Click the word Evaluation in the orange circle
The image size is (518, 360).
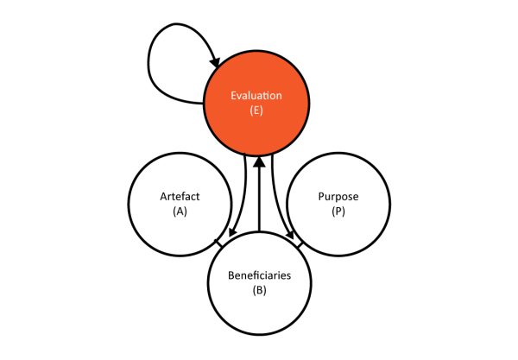pyautogui.click(x=256, y=96)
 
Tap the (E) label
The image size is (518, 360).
pyautogui.click(x=256, y=110)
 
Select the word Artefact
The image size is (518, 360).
pyautogui.click(x=180, y=196)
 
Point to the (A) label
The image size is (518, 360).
pyautogui.click(x=180, y=211)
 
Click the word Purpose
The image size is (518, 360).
pyautogui.click(x=338, y=196)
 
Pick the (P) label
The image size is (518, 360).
pyautogui.click(x=338, y=211)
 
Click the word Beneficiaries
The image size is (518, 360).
pyautogui.click(x=259, y=275)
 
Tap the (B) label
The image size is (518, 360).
pyautogui.click(x=259, y=290)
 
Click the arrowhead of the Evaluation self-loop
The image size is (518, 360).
pyautogui.click(x=216, y=61)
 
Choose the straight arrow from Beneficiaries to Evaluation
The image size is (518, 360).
pyautogui.click(x=259, y=194)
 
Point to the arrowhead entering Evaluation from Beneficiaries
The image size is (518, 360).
pyautogui.click(x=259, y=161)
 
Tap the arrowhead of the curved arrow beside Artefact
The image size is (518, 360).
pyautogui.click(x=232, y=232)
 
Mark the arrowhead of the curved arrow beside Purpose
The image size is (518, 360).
pyautogui.click(x=290, y=234)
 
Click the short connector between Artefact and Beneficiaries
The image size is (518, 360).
pyautogui.click(x=218, y=243)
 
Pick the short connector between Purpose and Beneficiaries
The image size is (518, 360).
pyautogui.click(x=300, y=244)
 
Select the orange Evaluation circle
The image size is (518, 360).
pyautogui.click(x=256, y=103)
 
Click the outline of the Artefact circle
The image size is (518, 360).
pyautogui.click(x=128, y=204)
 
